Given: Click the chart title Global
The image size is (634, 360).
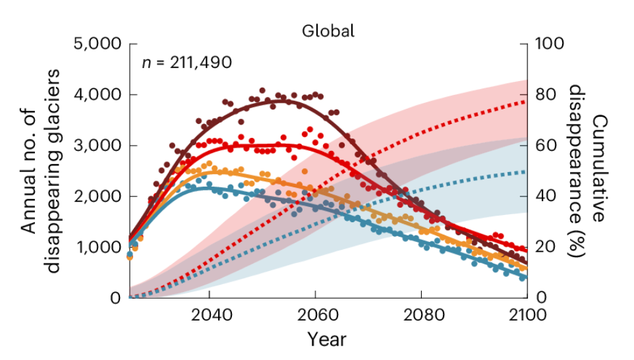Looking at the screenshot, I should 328,30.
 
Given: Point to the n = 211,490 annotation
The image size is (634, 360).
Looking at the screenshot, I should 187,63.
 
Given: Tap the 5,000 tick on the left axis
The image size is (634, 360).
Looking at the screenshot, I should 97,44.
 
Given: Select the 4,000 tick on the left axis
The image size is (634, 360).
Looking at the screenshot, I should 97,95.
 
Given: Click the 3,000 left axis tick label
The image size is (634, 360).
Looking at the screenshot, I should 97,146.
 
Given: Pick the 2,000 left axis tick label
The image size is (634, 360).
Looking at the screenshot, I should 97,196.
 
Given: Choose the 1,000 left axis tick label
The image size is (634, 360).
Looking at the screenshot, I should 97,247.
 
